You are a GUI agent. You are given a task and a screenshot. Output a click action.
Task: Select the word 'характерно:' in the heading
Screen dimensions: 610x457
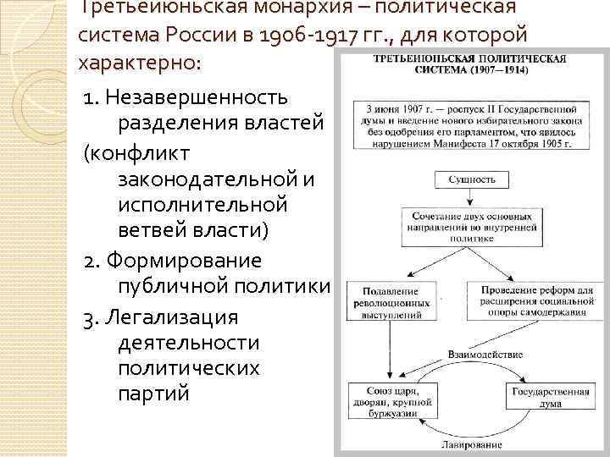click(141, 63)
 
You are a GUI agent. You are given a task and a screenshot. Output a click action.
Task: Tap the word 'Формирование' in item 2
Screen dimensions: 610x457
click(183, 261)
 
